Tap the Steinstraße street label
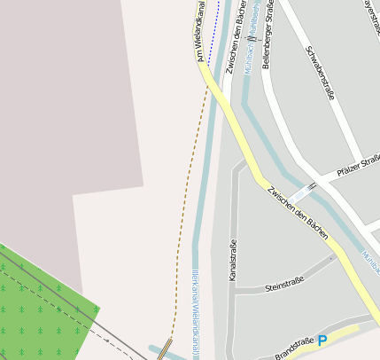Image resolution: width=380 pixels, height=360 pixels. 284,283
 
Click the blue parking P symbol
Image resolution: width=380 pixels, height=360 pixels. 322,340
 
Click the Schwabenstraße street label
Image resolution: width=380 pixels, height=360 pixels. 319,74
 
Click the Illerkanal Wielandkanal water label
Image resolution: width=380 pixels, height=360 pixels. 197,310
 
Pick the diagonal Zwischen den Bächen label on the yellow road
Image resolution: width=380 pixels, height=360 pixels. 299,214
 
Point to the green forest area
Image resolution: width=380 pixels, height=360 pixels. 44,301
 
